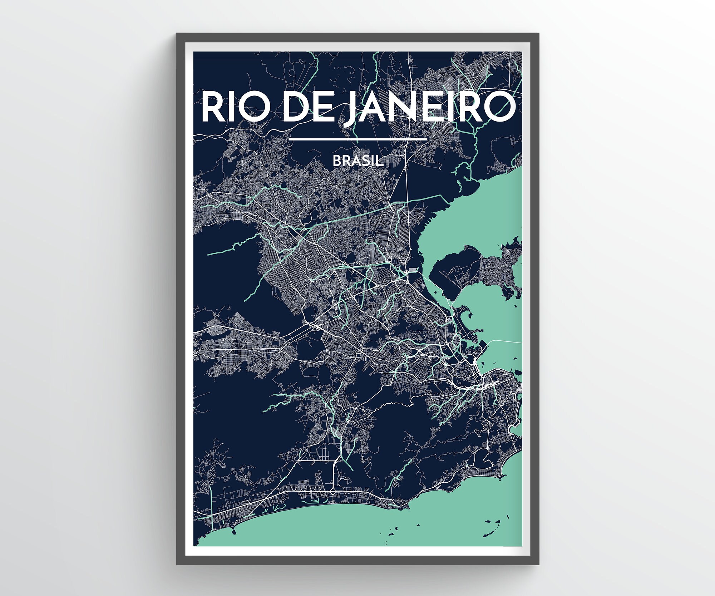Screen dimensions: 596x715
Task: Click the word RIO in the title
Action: point(236,105)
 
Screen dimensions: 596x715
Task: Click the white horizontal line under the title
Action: point(357,139)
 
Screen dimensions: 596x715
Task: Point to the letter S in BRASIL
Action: point(365,161)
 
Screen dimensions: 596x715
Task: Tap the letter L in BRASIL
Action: point(380,161)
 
